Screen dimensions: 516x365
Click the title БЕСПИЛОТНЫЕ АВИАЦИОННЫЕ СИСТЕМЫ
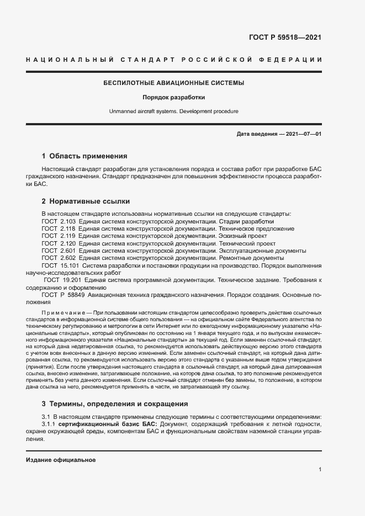pos(174,83)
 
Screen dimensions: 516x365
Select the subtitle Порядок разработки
pos(174,97)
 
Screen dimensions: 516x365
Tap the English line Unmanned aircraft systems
pos(174,111)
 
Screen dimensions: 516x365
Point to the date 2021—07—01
pos(303,134)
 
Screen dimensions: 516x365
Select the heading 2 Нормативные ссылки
pos(86,201)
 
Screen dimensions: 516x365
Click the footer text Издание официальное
pos(61,460)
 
